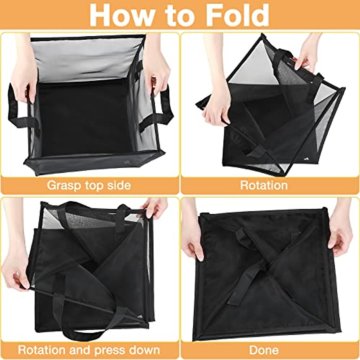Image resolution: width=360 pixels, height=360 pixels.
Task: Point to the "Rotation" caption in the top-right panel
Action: point(264,185)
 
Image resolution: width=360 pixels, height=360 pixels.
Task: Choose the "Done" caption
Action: point(264,350)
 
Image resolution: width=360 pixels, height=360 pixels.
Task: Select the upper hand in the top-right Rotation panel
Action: point(309,54)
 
